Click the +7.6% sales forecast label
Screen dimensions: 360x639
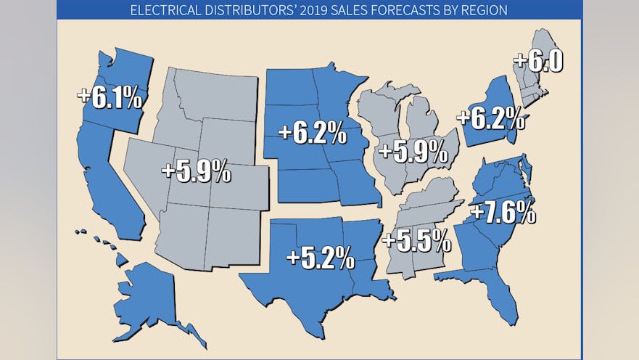503,214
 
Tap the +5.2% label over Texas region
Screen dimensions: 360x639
320,257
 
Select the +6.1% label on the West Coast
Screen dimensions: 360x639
110,97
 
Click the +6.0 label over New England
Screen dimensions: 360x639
537,61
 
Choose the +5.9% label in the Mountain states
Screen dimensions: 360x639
197,172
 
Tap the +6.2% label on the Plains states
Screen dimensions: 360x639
312,133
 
